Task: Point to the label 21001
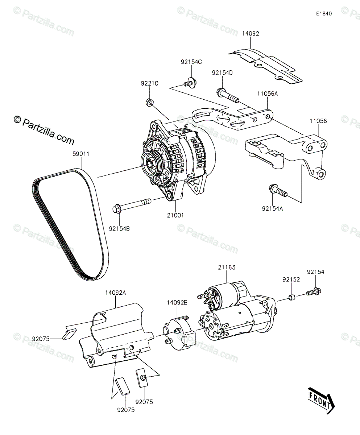[x=175, y=215]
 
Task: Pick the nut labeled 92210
[x=149, y=102]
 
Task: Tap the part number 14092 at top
[x=251, y=33]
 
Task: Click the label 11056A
[x=268, y=94]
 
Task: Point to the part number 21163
[x=227, y=268]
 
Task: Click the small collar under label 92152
[x=291, y=298]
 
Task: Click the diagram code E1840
[x=324, y=13]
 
